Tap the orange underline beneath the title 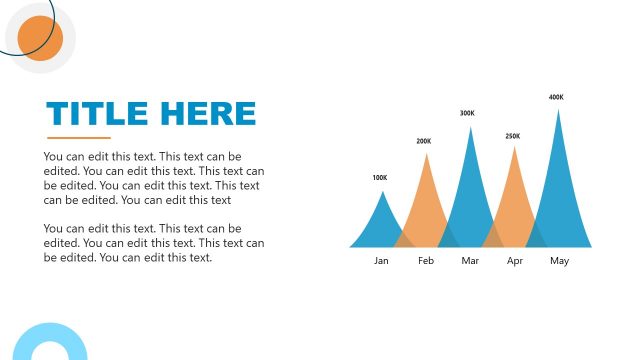tap(79, 137)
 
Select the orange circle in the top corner tap(40, 38)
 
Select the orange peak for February tap(426, 210)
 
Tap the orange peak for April tap(514, 205)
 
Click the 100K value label tap(380, 178)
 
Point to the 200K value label tap(424, 141)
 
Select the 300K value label tap(467, 113)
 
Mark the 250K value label tap(513, 136)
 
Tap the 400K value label tap(556, 97)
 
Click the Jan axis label tap(381, 261)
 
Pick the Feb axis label tap(426, 261)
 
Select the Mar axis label tap(471, 261)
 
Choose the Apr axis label tap(515, 261)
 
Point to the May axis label tap(559, 261)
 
